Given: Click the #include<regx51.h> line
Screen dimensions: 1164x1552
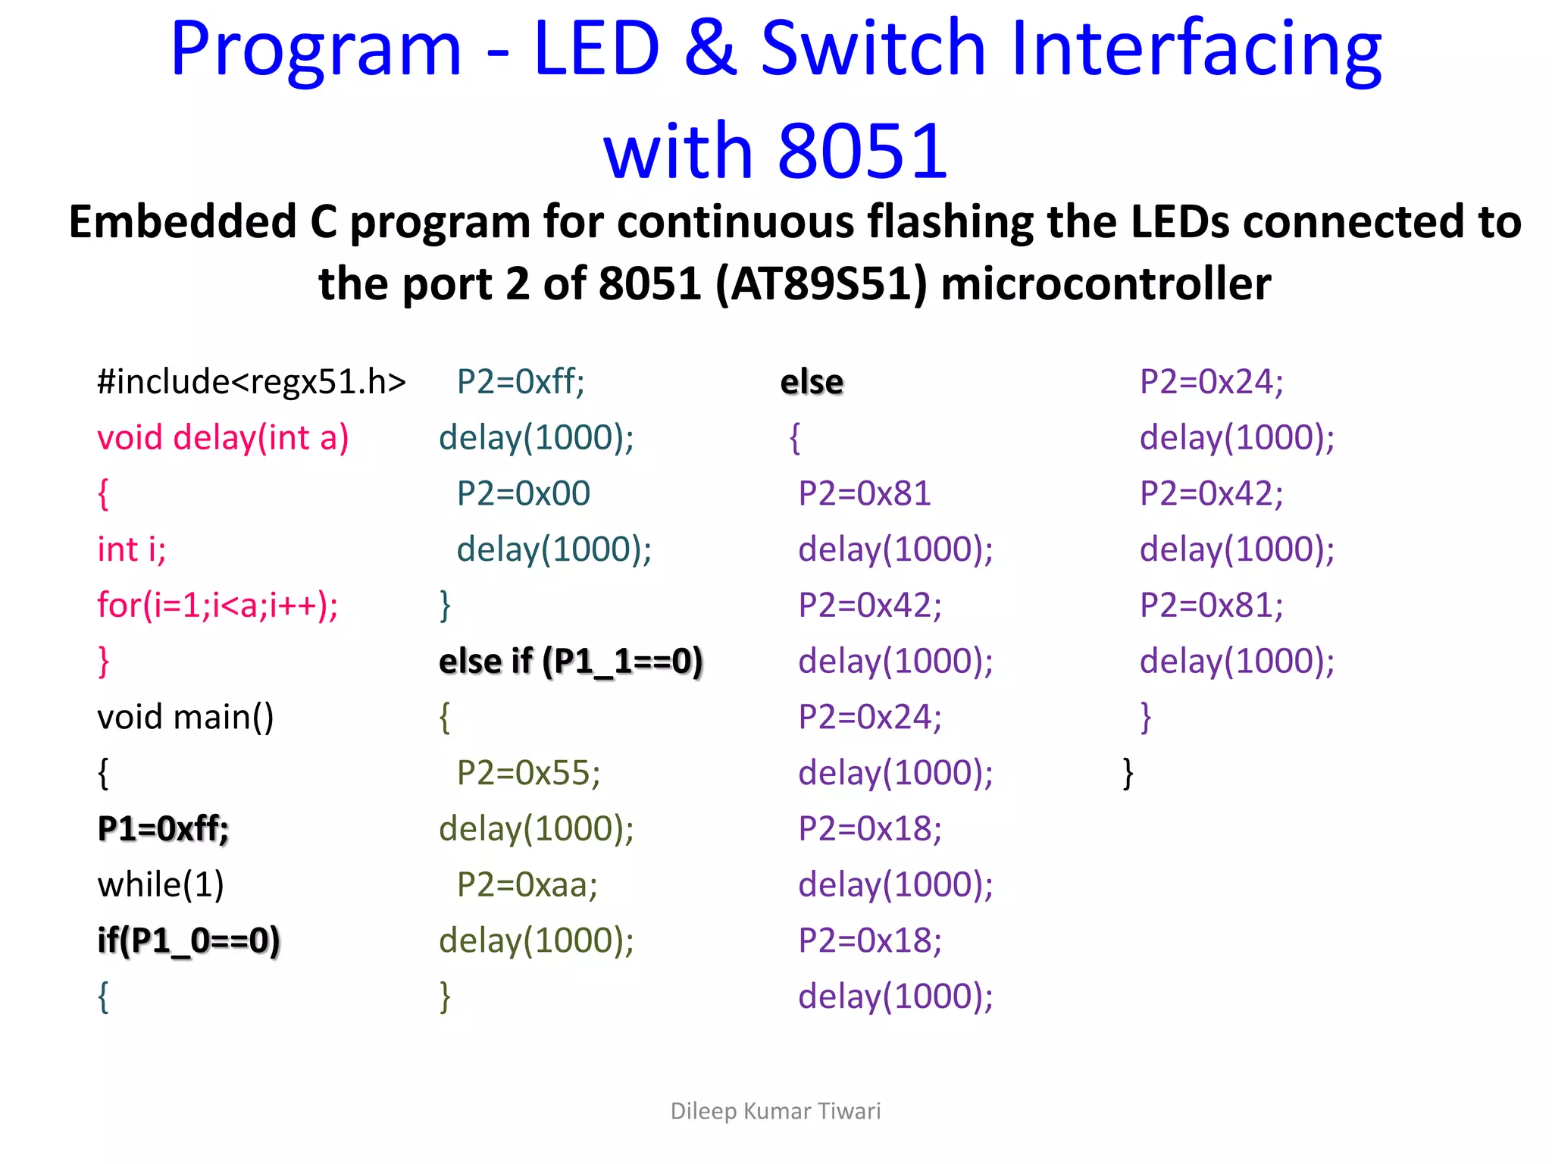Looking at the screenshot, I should click(x=252, y=382).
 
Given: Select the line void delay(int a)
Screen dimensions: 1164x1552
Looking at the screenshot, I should click(x=223, y=438).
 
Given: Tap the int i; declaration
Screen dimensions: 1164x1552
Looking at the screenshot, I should click(x=132, y=549).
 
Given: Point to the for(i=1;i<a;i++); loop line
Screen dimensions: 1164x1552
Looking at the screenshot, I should click(x=217, y=605).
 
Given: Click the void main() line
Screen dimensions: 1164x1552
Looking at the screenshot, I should click(x=186, y=717).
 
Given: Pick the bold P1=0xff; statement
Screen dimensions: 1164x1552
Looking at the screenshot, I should click(x=163, y=828).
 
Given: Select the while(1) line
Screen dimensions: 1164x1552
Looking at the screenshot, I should click(x=161, y=884).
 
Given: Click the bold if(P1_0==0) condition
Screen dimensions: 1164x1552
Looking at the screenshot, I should click(x=189, y=940).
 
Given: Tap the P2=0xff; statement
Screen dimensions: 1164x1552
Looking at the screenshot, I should click(x=521, y=382).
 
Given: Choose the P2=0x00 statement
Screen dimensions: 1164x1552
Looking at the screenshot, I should click(x=523, y=494).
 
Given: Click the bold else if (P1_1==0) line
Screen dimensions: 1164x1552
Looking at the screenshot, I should click(x=571, y=662).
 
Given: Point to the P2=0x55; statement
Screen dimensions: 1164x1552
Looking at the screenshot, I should click(x=528, y=773).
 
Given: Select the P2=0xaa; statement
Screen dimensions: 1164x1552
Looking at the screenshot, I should click(x=527, y=885).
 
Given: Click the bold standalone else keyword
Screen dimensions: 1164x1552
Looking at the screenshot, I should click(x=812, y=382).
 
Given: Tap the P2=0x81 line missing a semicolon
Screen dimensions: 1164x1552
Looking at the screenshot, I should click(x=864, y=494).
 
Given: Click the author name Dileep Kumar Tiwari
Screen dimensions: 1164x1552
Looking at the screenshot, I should click(x=775, y=1111).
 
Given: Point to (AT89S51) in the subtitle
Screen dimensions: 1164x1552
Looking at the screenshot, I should click(x=821, y=285).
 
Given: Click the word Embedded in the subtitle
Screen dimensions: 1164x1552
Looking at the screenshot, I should click(x=183, y=223).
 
